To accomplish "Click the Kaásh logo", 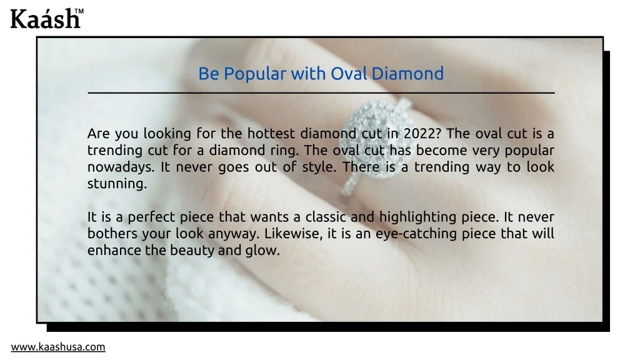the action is [46, 18].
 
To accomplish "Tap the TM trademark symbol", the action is [79, 11].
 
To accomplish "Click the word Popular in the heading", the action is [255, 74].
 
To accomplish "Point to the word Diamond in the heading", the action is [407, 74].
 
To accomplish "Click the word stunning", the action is [117, 184].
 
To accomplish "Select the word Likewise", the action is [294, 234].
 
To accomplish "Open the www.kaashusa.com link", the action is [58, 347].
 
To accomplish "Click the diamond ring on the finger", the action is [377, 143].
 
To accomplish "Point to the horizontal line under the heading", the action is [321, 93].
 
